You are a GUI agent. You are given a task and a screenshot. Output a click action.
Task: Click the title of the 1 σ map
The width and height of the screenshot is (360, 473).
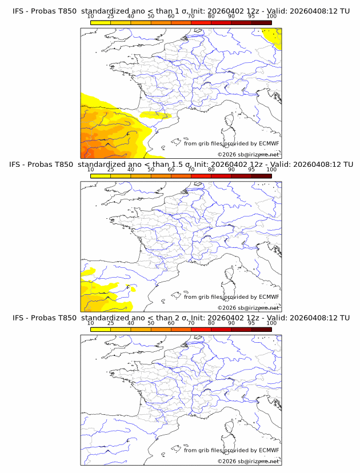click(181, 11)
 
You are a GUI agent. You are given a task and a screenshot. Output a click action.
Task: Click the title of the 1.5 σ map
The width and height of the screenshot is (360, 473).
click(181, 165)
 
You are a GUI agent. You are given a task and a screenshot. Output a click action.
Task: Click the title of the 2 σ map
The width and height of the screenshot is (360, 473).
click(181, 318)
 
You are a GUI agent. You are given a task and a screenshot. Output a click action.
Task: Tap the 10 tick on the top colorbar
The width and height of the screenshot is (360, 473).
click(91, 17)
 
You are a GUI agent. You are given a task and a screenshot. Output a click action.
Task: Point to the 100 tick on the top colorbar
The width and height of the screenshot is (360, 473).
click(271, 17)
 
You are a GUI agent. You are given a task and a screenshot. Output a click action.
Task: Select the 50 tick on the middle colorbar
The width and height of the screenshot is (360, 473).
click(151, 170)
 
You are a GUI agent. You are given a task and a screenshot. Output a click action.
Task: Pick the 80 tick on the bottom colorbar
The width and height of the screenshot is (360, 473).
click(211, 323)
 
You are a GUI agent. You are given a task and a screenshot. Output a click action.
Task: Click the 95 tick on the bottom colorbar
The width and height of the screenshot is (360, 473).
click(251, 323)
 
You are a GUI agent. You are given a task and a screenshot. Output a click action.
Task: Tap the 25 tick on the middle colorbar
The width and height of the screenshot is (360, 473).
click(111, 170)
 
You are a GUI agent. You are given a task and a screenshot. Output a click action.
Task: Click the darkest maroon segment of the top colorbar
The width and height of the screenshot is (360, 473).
click(261, 22)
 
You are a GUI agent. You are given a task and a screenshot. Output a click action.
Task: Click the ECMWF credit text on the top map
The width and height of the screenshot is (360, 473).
click(231, 144)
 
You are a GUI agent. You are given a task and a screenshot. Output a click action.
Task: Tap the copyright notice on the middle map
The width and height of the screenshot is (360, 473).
click(248, 307)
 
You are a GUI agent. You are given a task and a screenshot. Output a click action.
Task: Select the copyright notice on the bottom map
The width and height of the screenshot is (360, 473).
click(248, 460)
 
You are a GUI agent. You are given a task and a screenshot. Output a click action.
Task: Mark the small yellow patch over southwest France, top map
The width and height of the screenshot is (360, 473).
click(155, 115)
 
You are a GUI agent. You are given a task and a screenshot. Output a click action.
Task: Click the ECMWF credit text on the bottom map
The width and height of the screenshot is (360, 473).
click(231, 450)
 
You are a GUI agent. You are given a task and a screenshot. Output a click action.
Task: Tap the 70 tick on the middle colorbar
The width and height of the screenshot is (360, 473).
click(191, 170)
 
